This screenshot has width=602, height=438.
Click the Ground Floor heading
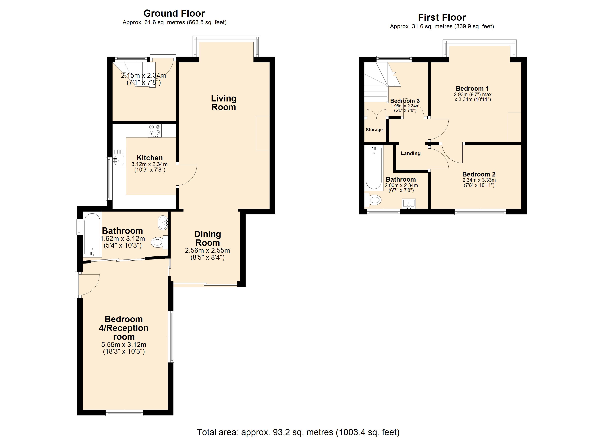pyautogui.click(x=174, y=13)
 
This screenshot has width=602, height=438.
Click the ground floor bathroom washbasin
pyautogui.click(x=163, y=223)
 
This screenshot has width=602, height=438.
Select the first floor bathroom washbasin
pyautogui.click(x=409, y=203)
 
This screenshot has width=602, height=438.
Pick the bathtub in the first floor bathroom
pyautogui.click(x=374, y=168)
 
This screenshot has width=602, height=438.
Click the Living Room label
pyautogui.click(x=223, y=103)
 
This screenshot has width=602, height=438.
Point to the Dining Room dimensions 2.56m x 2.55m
pyautogui.click(x=207, y=250)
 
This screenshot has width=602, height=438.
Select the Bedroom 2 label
pyautogui.click(x=479, y=174)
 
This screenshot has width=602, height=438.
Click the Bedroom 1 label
pyautogui.click(x=472, y=89)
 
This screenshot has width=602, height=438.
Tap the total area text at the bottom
pyautogui.click(x=298, y=432)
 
